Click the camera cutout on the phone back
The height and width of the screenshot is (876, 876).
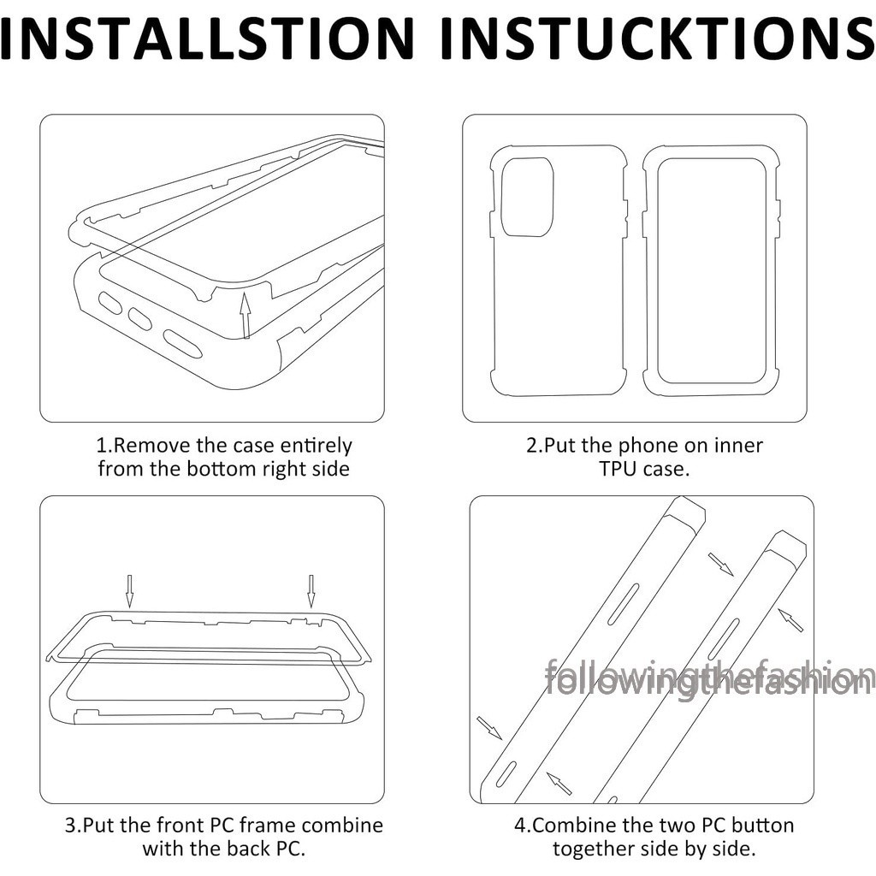tap(527, 197)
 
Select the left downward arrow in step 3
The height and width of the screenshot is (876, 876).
tap(129, 591)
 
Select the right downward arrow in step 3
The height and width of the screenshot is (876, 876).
tap(311, 591)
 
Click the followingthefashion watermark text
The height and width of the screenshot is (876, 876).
tap(708, 678)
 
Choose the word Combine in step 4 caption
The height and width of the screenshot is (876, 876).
tap(576, 826)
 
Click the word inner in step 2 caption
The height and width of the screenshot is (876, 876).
tap(738, 445)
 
